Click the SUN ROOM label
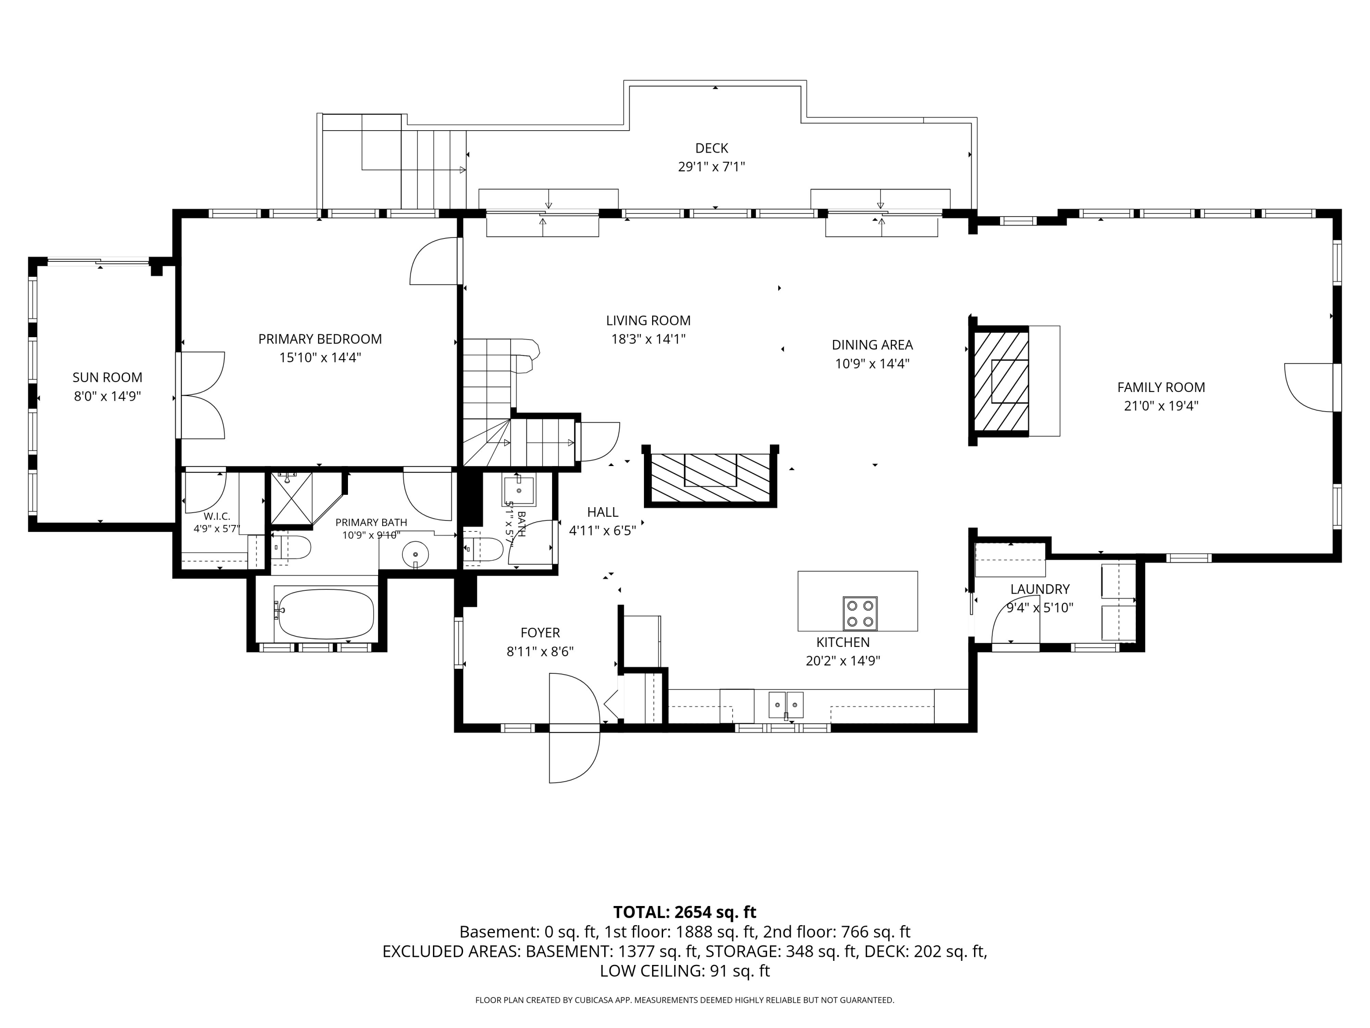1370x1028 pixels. pos(107,377)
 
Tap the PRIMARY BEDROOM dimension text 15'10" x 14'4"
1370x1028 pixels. pos(320,358)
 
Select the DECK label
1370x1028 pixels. pos(711,148)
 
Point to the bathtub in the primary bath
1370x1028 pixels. pos(325,614)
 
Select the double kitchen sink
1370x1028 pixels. pos(786,705)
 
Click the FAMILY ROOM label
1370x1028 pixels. pos(1161,387)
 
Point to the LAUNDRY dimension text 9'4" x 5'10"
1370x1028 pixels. pos(1040,608)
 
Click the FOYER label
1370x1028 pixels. pos(540,633)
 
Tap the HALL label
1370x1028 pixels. pos(603,512)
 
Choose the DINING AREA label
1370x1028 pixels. pos(872,344)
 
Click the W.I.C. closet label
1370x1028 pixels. pos(217,516)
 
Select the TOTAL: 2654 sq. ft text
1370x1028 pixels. pos(685,912)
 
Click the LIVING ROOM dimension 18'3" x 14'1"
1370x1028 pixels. pos(648,339)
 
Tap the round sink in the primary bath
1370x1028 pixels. pos(416,553)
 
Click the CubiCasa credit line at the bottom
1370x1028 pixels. pos(685,1000)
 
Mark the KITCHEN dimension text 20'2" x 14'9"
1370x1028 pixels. pos(843,661)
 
